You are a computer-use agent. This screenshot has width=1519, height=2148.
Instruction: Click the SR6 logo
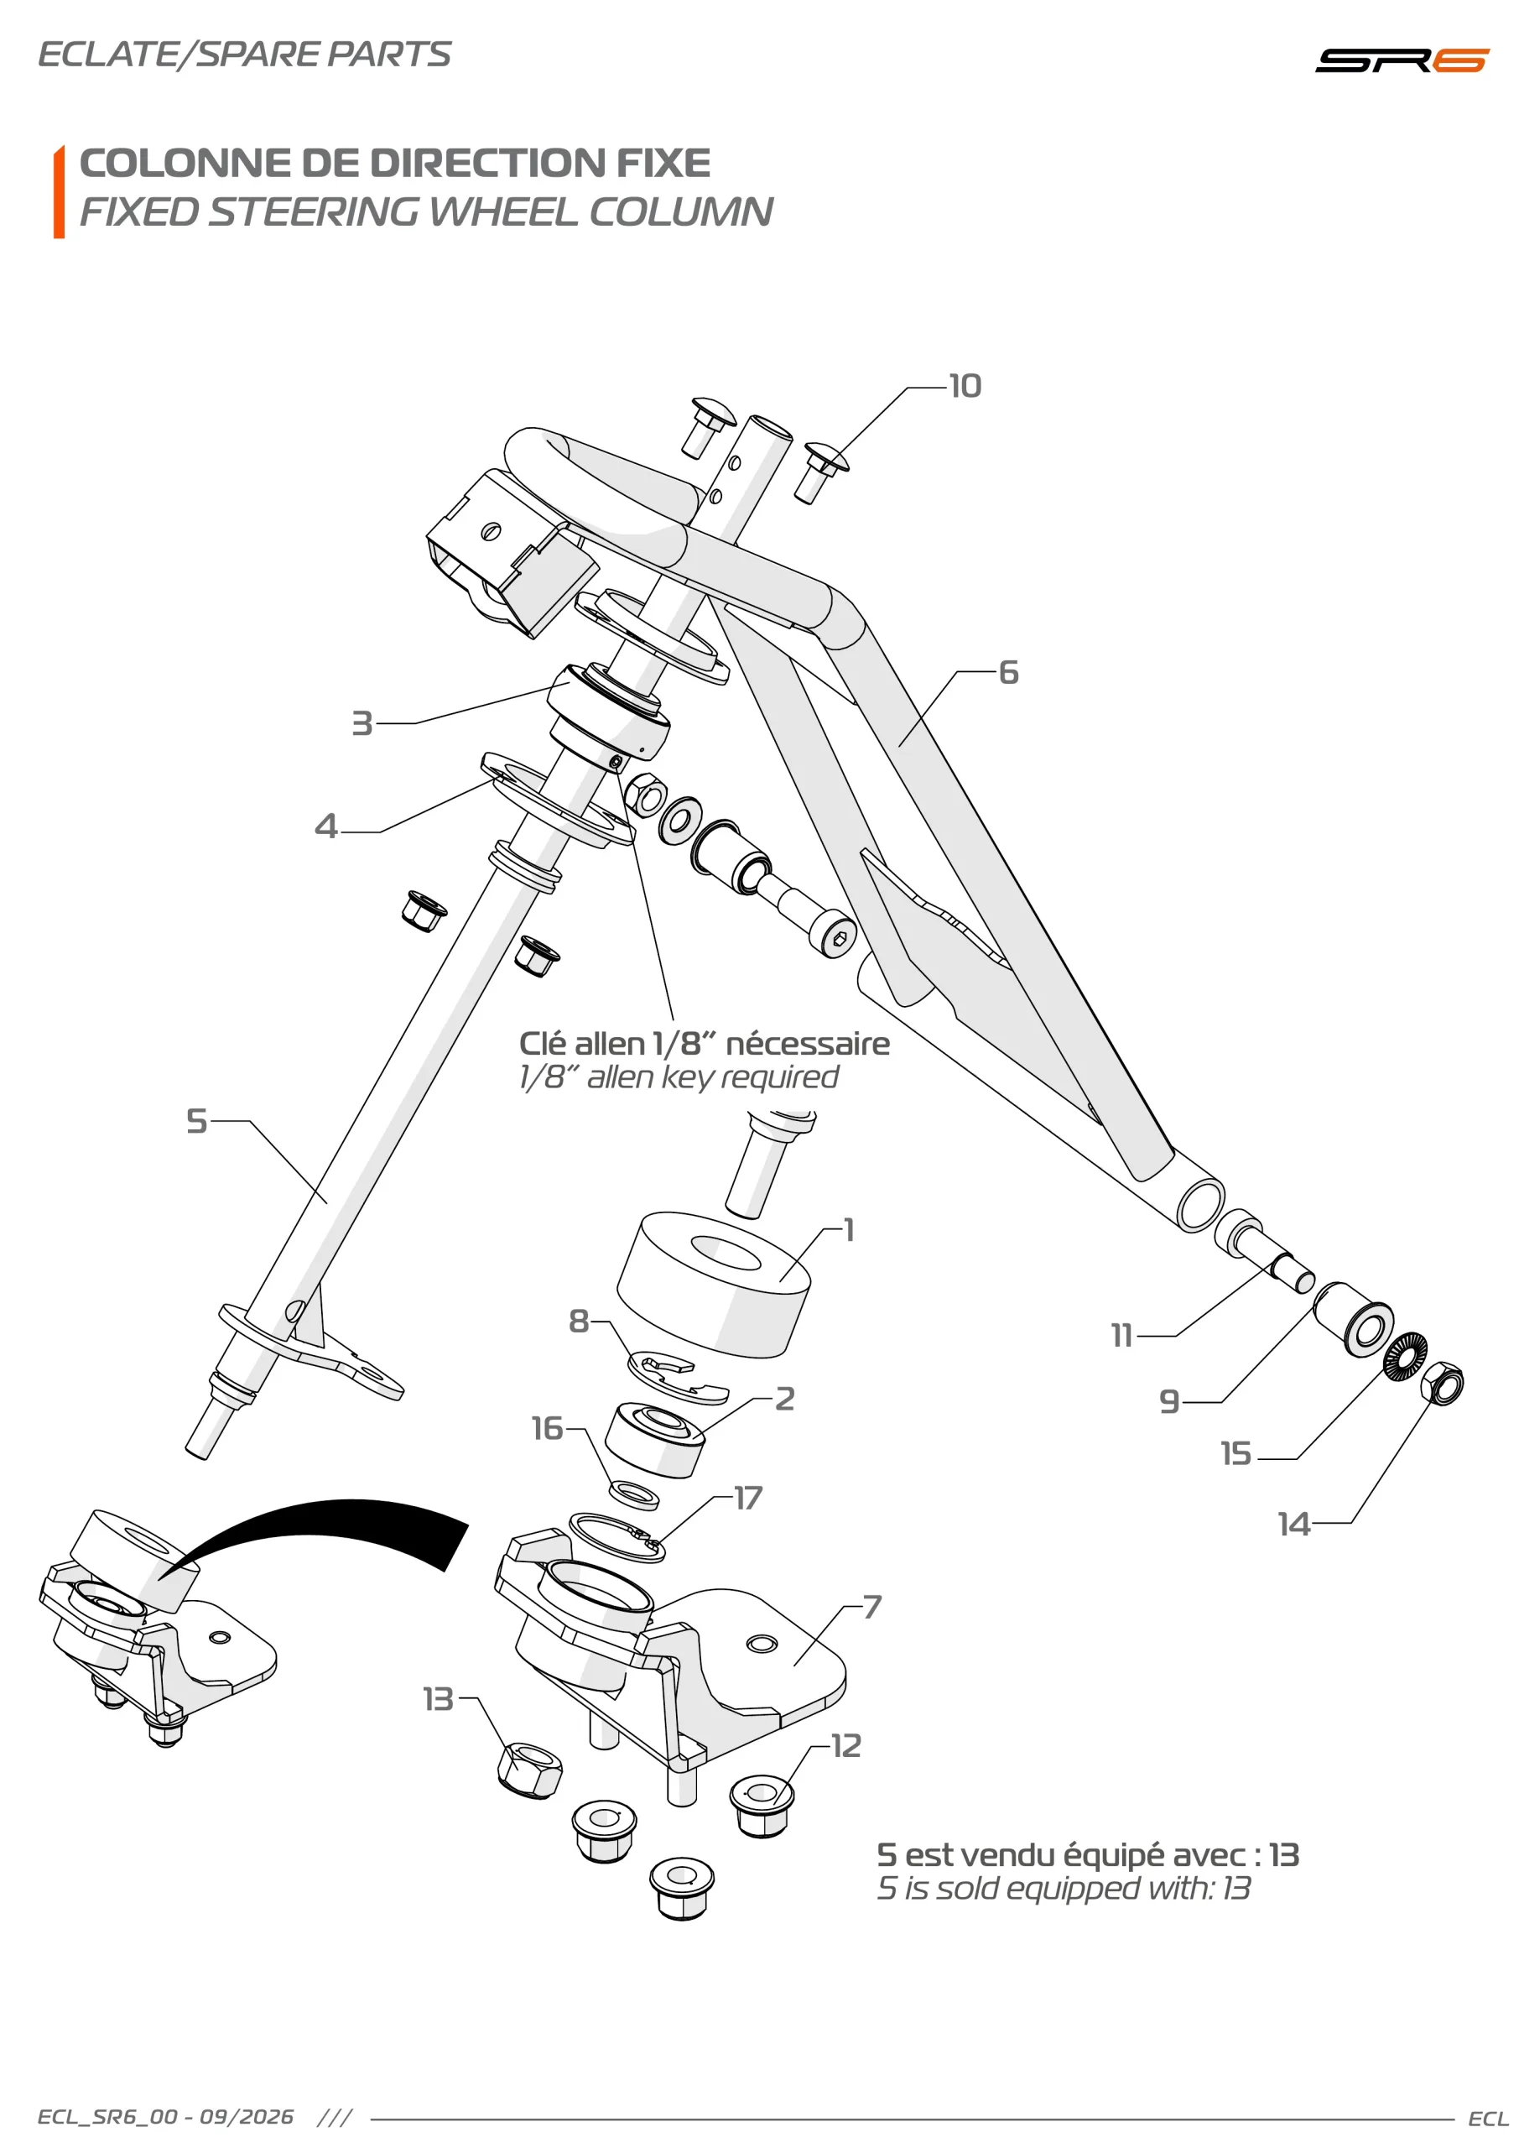tap(1401, 60)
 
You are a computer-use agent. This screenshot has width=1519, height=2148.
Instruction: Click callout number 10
tap(965, 386)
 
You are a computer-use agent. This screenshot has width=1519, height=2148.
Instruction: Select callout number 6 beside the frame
tap(1008, 672)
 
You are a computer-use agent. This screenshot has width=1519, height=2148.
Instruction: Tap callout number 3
tap(362, 723)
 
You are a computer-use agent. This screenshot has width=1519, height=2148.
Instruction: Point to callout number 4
tap(325, 826)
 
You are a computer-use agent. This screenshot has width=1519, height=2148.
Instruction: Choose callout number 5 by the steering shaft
tap(196, 1121)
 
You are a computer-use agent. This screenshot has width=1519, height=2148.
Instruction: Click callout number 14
tap(1294, 1525)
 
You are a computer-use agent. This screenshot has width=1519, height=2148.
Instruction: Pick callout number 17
tap(748, 1498)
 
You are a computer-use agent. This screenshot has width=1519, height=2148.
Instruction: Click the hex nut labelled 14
tap(1441, 1383)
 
